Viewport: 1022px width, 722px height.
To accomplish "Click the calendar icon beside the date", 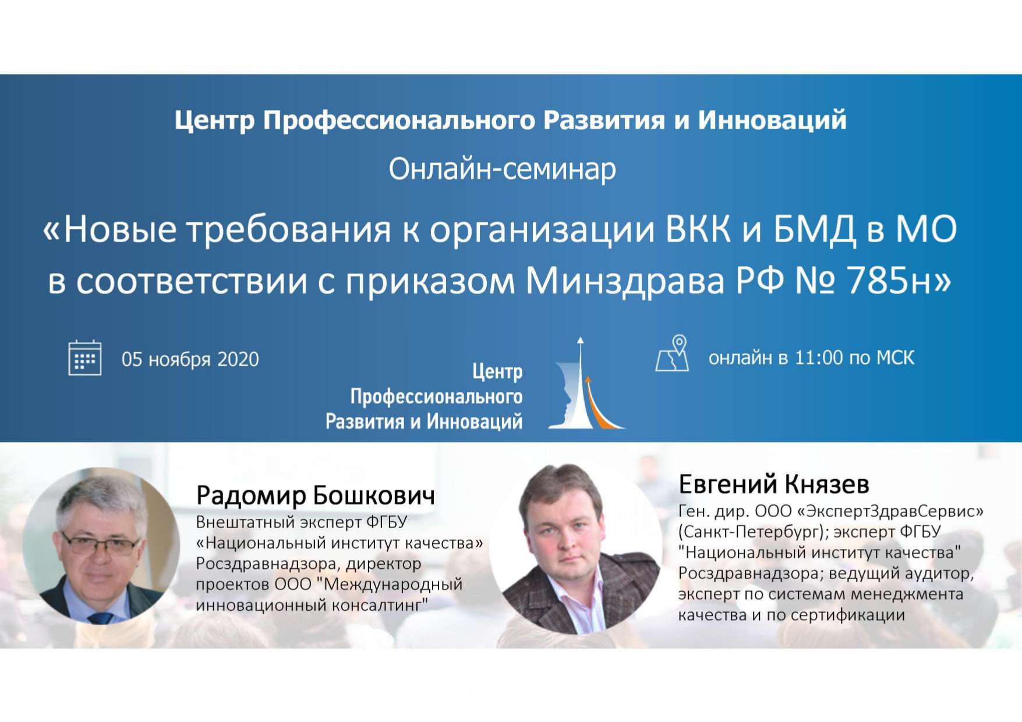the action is click(85, 358).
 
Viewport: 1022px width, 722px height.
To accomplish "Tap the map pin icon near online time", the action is click(673, 353).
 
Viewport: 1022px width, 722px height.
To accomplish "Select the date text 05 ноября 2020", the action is click(190, 359).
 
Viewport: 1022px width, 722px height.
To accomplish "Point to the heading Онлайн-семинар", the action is click(503, 169).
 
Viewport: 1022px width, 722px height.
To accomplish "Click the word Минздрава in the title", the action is click(625, 282).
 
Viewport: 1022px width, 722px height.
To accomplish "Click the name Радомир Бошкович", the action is click(316, 496).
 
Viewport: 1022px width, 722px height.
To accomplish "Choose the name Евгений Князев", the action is click(774, 484).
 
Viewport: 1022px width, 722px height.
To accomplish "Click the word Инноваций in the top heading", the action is click(772, 120).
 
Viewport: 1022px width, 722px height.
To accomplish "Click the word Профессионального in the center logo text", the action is click(436, 397).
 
